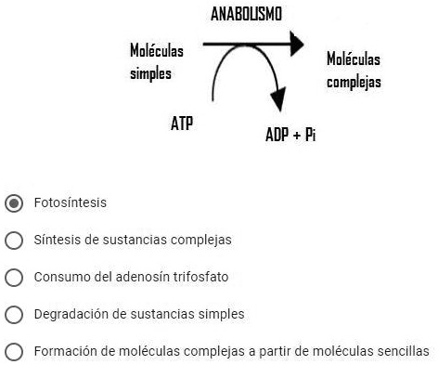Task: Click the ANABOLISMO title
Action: pyautogui.click(x=246, y=13)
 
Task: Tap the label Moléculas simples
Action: pyautogui.click(x=157, y=62)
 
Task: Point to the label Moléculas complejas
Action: pyautogui.click(x=354, y=71)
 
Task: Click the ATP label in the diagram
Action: pyautogui.click(x=182, y=123)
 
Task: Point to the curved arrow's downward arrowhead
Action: pyautogui.click(x=276, y=103)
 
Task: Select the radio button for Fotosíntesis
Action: pyautogui.click(x=14, y=202)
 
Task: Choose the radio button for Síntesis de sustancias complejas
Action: pyautogui.click(x=14, y=240)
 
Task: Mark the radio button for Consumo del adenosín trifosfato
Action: pyautogui.click(x=14, y=277)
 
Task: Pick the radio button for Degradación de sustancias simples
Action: pyautogui.click(x=14, y=314)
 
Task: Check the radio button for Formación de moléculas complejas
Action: pyautogui.click(x=14, y=351)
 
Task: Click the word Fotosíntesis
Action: pyautogui.click(x=70, y=202)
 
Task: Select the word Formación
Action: pyautogui.click(x=64, y=351)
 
